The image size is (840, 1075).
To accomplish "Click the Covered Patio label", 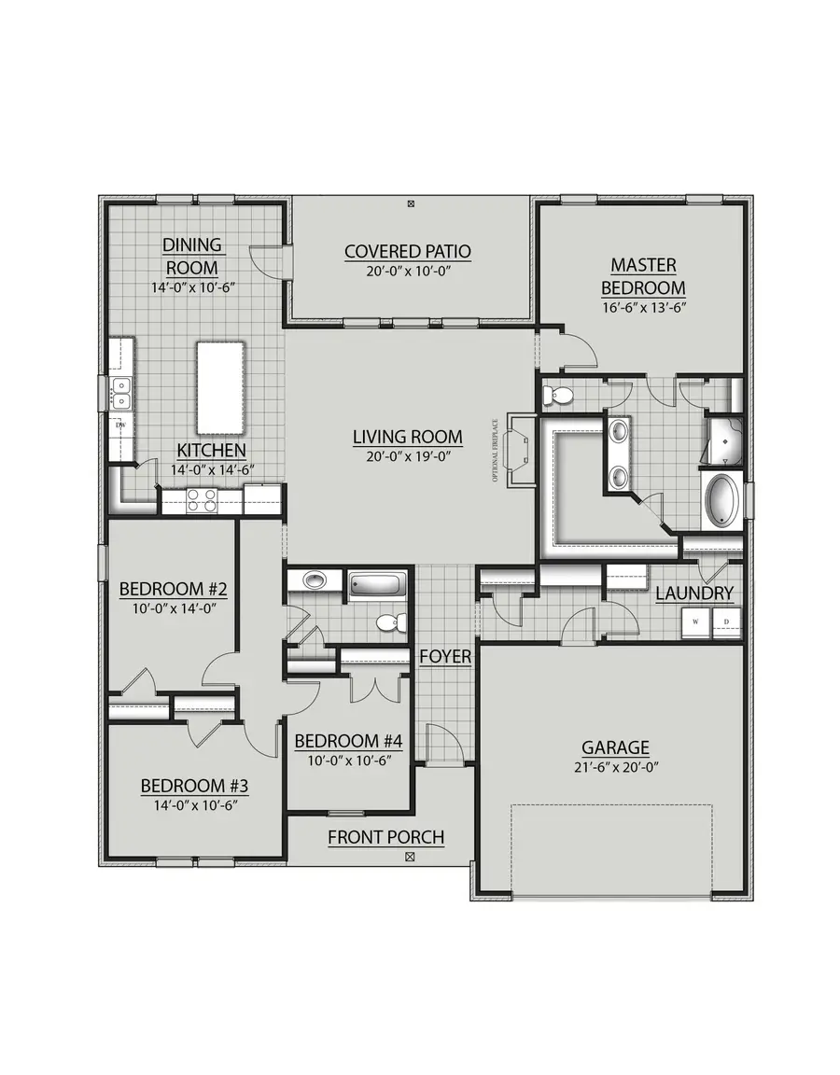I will pos(407,251).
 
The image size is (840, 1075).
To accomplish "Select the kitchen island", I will pos(220,387).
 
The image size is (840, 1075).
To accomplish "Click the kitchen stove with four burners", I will pos(202,501).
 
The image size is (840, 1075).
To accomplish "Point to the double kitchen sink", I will pos(120,393).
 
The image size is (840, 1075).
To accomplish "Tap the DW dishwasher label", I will pos(120,426).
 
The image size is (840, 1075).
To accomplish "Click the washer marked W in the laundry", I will pos(695,621).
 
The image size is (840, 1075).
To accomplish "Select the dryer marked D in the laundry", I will pos(726,621).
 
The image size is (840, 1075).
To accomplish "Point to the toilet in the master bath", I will pos(560,396).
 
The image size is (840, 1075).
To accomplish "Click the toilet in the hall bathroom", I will pos(388,622).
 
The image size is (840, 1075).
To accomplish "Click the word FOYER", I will pos(445,657).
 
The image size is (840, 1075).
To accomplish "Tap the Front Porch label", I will pos(385,837).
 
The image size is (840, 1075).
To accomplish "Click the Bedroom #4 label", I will pos(348,741).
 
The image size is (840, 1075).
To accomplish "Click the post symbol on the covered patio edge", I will pos(412,202).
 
